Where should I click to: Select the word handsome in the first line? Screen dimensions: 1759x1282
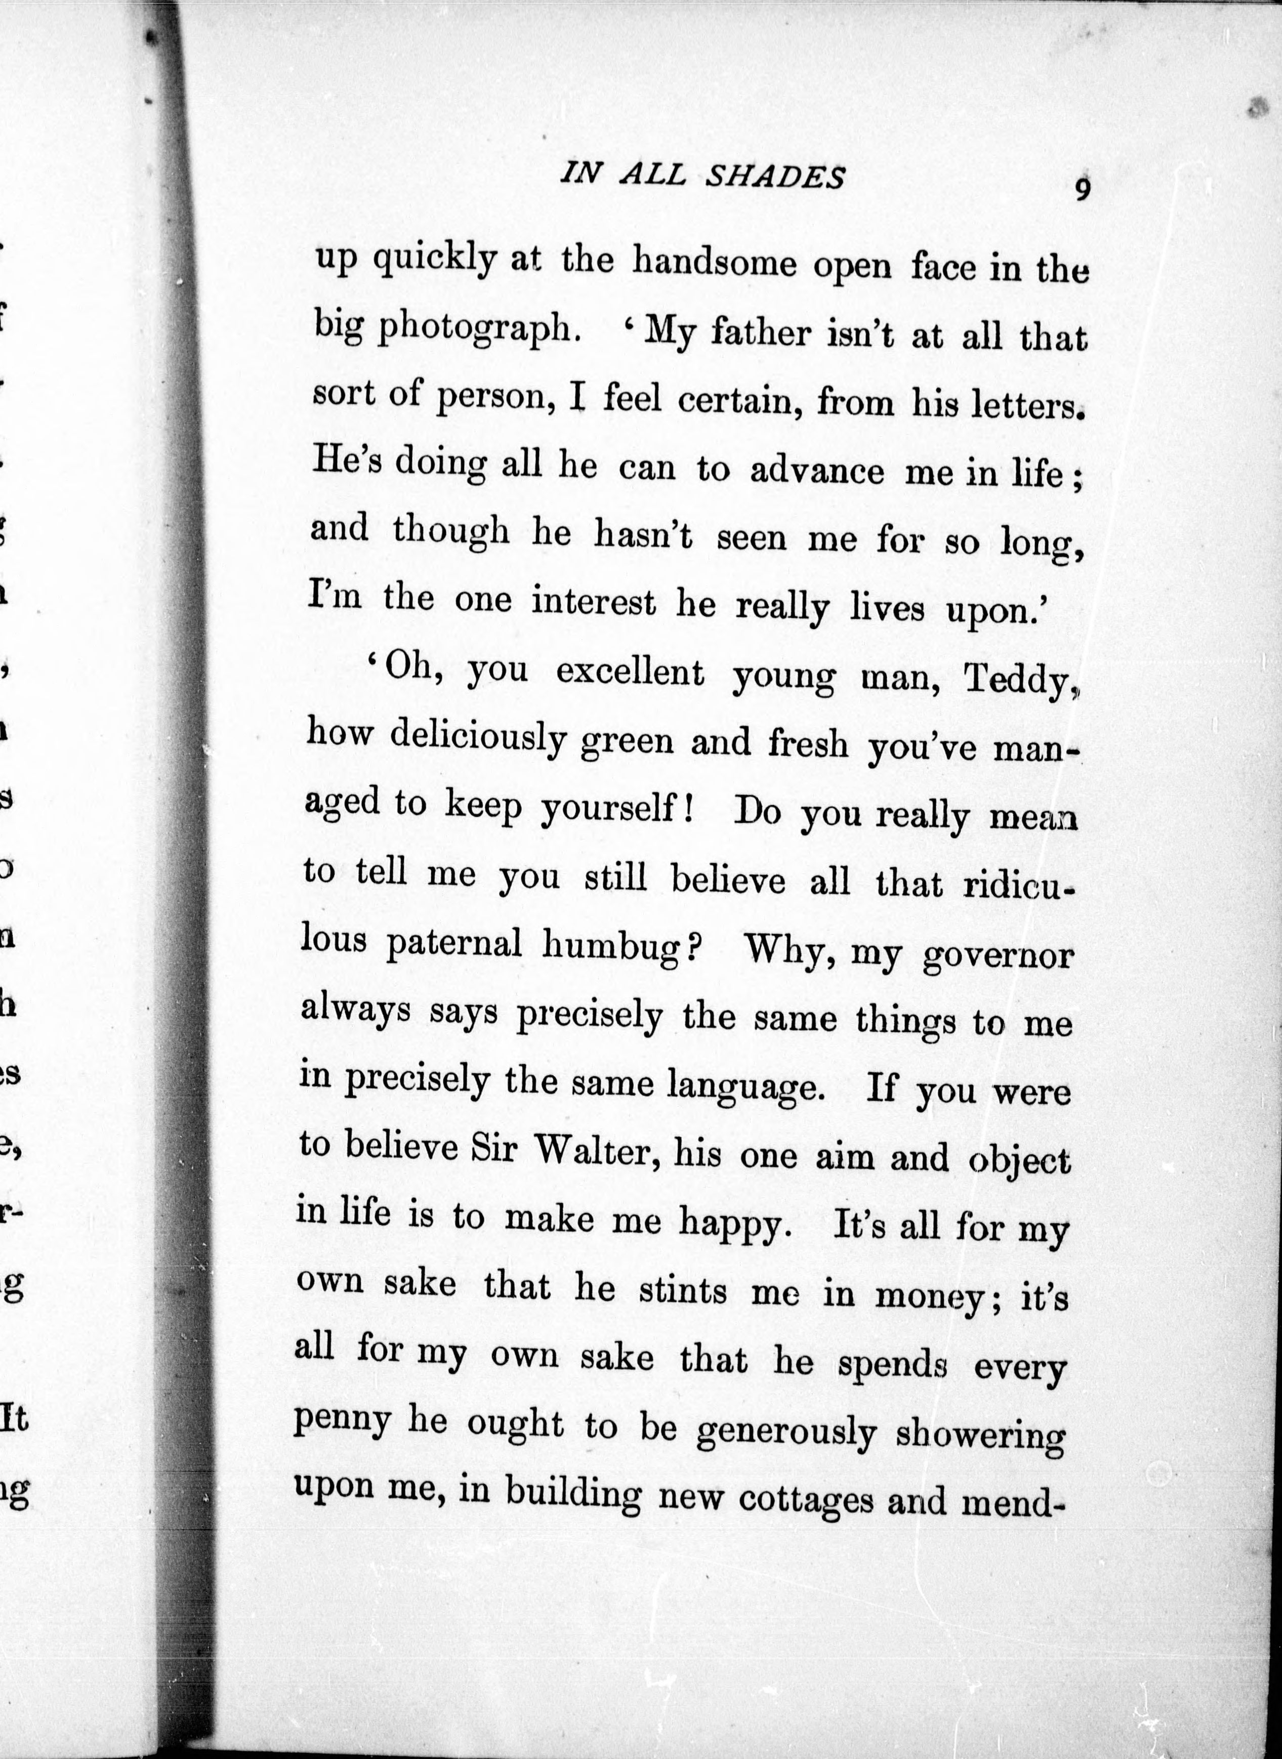(x=714, y=263)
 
